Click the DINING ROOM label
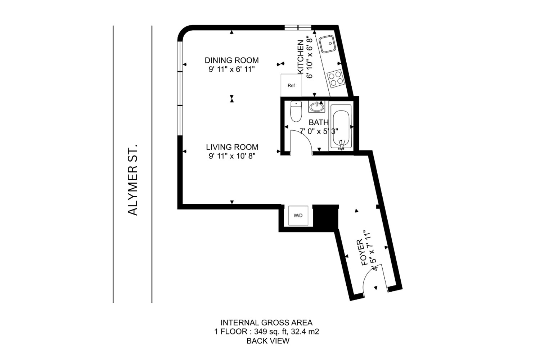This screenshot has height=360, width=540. tap(232, 60)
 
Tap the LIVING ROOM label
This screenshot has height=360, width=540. tap(232, 147)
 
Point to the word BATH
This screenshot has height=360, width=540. tap(319, 122)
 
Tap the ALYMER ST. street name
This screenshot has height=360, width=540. tap(132, 180)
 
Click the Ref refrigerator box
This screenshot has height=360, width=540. tap(291, 85)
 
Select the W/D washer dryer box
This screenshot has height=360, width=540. tap(298, 216)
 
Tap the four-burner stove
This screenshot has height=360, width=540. tap(336, 78)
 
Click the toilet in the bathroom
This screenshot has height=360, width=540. tap(296, 111)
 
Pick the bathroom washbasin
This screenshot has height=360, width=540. tap(316, 107)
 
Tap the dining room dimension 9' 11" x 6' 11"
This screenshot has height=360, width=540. tap(232, 69)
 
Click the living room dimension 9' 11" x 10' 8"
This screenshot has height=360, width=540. tap(232, 156)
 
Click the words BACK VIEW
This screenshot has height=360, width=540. tap(268, 341)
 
